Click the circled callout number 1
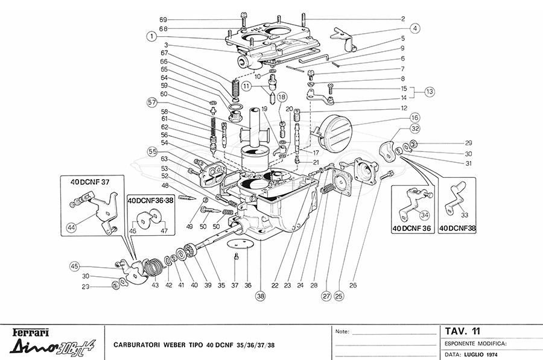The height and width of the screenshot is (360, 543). [151, 36]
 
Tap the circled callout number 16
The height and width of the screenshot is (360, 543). [415, 118]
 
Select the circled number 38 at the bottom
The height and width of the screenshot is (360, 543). [261, 296]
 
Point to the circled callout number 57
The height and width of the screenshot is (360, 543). [151, 103]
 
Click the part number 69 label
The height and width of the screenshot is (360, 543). [164, 20]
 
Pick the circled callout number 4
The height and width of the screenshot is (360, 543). [415, 28]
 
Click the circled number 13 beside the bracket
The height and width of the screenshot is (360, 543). [430, 92]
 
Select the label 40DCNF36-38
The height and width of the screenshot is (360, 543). [151, 200]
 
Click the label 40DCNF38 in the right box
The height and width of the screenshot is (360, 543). [457, 229]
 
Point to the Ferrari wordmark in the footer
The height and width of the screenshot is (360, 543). [31, 333]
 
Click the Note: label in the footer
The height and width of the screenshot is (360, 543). [342, 332]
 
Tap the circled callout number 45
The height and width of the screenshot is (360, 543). [74, 267]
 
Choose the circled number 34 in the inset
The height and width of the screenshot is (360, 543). [425, 215]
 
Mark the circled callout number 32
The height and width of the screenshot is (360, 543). [415, 128]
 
